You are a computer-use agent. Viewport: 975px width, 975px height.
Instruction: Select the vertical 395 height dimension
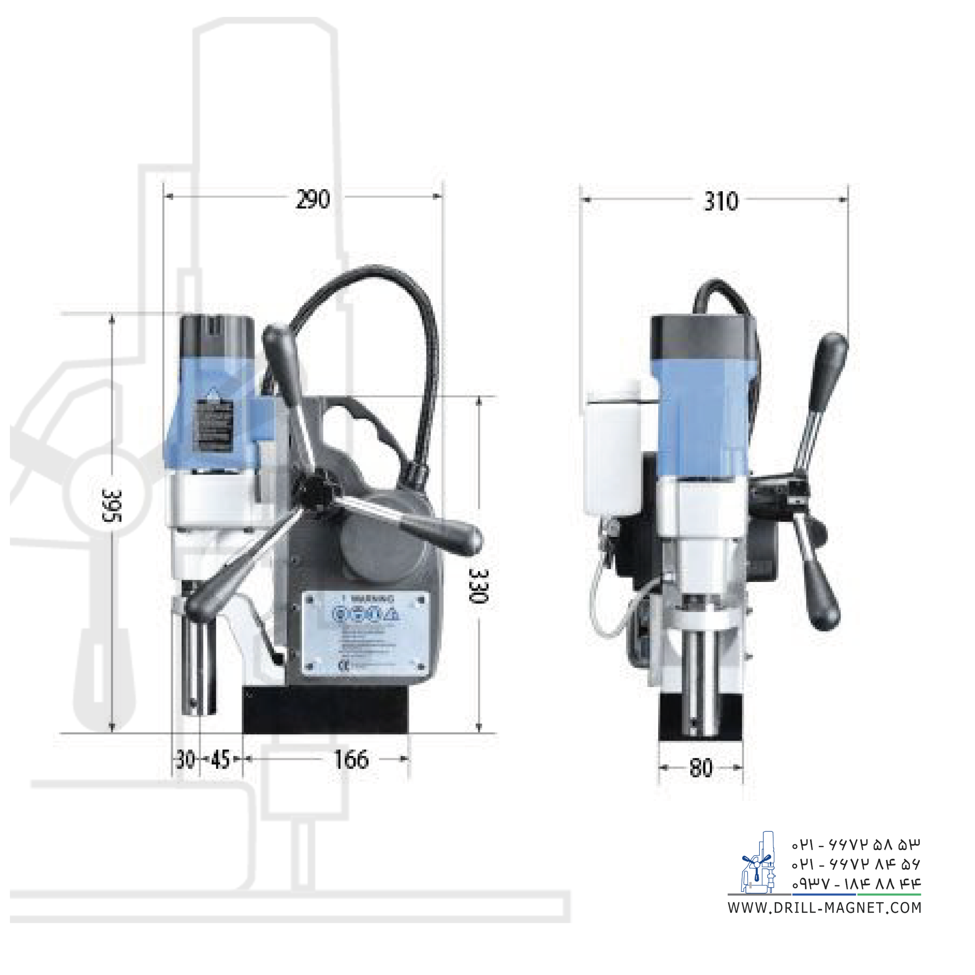(x=112, y=505)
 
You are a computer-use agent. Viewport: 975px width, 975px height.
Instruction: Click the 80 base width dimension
(x=701, y=767)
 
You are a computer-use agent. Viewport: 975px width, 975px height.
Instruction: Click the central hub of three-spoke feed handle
(x=315, y=487)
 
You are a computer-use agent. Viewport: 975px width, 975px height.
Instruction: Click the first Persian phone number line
(x=855, y=844)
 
